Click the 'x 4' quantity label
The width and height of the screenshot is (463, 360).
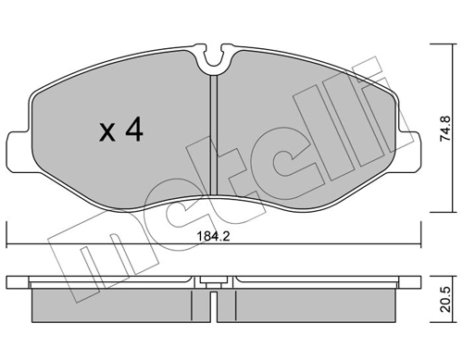(120, 132)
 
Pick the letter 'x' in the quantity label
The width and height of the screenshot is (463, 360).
(106, 134)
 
